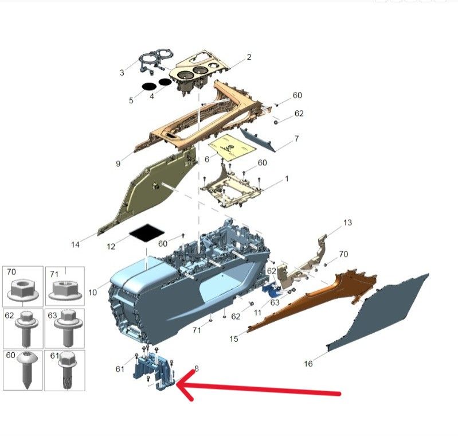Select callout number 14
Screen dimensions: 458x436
[75, 244]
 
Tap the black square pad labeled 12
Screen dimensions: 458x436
[147, 233]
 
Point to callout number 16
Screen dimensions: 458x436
[308, 364]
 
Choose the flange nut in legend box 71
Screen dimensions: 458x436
[65, 290]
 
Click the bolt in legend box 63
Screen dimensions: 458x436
[68, 328]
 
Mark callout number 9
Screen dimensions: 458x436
[118, 163]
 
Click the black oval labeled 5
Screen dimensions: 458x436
[148, 86]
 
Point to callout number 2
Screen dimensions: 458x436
[249, 57]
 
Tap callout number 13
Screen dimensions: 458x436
[347, 223]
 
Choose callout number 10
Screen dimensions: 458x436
[92, 292]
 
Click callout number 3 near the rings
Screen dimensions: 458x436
[122, 72]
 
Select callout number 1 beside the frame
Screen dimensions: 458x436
[287, 178]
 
